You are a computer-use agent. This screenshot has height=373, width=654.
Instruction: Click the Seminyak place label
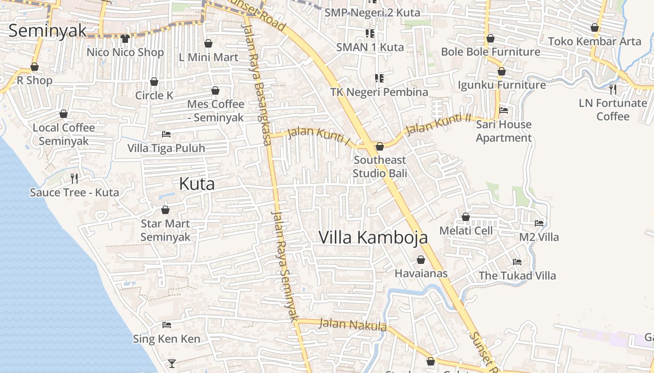click(x=48, y=31)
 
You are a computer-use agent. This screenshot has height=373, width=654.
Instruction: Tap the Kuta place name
click(x=197, y=184)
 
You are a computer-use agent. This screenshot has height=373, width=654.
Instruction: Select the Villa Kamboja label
click(x=373, y=237)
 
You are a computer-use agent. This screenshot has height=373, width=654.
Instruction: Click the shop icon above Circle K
click(x=154, y=82)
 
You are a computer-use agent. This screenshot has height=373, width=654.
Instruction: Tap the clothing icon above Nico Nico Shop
click(x=125, y=39)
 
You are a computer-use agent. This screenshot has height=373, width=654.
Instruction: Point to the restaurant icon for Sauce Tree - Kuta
click(x=74, y=178)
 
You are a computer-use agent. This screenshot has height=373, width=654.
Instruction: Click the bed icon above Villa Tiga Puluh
click(x=166, y=134)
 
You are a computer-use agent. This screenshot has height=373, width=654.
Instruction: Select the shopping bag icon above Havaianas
click(x=421, y=260)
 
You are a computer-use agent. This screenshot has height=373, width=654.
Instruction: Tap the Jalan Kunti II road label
click(x=438, y=124)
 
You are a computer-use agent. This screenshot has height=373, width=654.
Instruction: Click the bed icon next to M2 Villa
click(x=539, y=223)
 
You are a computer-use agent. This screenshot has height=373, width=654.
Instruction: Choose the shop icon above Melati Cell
click(x=466, y=217)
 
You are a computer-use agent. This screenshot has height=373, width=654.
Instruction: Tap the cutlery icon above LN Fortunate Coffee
click(x=613, y=89)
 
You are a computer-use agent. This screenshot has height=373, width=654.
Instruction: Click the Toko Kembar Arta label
click(x=595, y=41)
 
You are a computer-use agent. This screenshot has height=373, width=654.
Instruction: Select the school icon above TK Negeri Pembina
click(x=379, y=78)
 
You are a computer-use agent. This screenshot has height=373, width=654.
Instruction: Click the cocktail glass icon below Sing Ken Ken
click(x=172, y=363)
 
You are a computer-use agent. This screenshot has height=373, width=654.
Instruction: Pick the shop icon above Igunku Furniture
click(x=502, y=71)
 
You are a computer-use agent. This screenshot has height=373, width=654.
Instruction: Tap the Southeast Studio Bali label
click(x=380, y=167)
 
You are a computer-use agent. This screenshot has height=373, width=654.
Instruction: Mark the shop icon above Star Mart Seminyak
click(x=165, y=210)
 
